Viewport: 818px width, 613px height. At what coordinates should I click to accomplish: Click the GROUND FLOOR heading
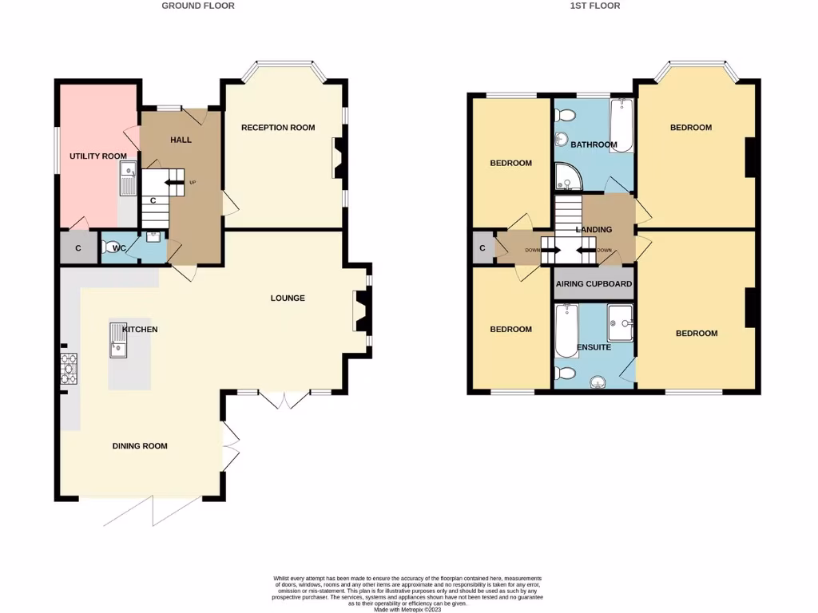pyautogui.click(x=198, y=6)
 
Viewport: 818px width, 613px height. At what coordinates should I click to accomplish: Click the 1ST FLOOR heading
pyautogui.click(x=595, y=6)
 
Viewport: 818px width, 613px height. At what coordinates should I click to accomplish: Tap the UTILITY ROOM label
pyautogui.click(x=98, y=156)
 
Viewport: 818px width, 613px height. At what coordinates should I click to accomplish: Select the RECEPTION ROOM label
pyautogui.click(x=278, y=128)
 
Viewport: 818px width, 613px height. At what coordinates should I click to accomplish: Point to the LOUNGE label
pyautogui.click(x=288, y=299)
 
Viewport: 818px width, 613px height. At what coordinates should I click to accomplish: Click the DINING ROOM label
pyautogui.click(x=140, y=446)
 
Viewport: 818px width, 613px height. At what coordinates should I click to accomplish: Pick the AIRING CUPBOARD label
pyautogui.click(x=594, y=284)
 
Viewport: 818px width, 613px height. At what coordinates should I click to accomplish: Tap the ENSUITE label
pyautogui.click(x=594, y=348)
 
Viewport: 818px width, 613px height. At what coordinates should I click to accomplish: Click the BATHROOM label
pyautogui.click(x=594, y=145)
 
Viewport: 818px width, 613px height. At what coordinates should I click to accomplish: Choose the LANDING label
pyautogui.click(x=594, y=230)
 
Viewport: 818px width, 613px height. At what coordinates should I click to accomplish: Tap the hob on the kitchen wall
pyautogui.click(x=68, y=368)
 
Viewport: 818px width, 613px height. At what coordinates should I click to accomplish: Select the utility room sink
pyautogui.click(x=129, y=177)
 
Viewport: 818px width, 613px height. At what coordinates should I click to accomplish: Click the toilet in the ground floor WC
pyautogui.click(x=113, y=247)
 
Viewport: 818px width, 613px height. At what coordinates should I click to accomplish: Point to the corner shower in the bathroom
pyautogui.click(x=566, y=179)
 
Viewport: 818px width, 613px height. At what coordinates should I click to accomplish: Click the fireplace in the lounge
pyautogui.click(x=360, y=310)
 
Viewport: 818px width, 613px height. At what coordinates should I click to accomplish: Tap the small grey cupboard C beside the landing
pyautogui.click(x=482, y=248)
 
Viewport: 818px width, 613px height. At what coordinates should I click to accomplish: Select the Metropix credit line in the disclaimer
pyautogui.click(x=408, y=609)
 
